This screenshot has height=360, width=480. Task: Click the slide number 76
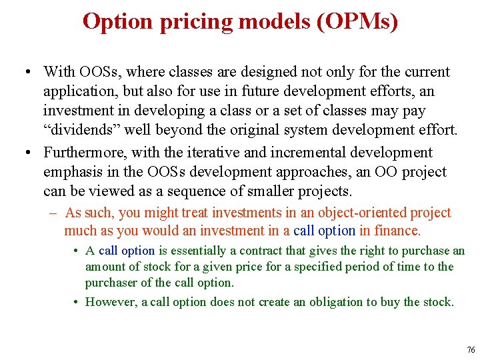(471, 350)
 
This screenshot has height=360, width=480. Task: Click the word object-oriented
(361, 213)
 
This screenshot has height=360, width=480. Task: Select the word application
(77, 91)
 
